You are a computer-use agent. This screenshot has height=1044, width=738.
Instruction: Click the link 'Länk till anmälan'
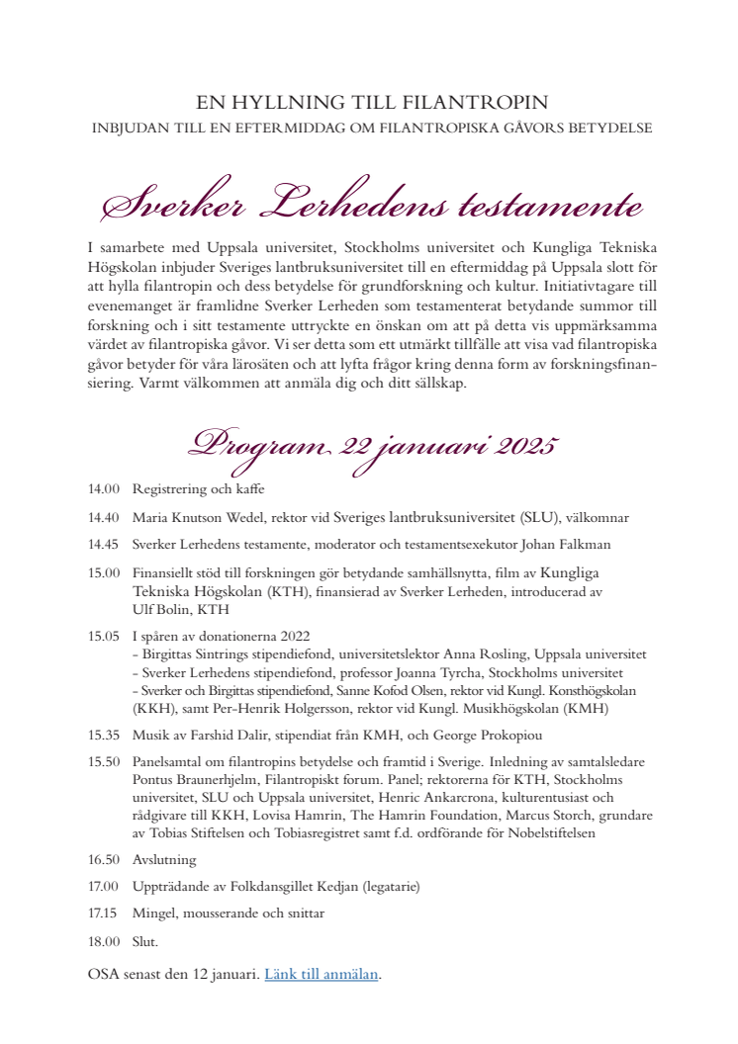[322, 974]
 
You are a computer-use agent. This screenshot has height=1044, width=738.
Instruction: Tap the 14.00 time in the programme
[103, 489]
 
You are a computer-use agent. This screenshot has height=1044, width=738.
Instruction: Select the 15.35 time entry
[103, 735]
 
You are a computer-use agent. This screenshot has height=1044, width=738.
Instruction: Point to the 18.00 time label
[103, 942]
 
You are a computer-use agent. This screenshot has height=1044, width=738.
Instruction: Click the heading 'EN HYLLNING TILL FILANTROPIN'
[371, 102]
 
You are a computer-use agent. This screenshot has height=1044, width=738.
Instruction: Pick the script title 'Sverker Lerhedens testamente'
[372, 205]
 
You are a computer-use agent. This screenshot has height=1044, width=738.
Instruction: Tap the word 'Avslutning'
[164, 859]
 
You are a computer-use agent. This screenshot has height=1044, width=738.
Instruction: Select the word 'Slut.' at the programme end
[145, 942]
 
